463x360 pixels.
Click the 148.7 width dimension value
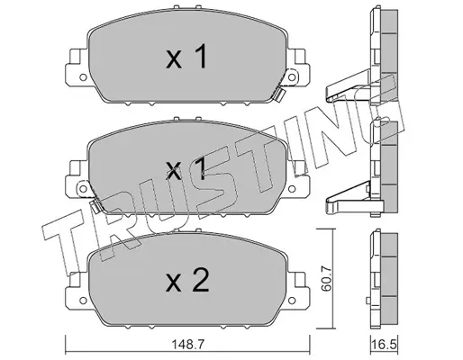coord(187,345)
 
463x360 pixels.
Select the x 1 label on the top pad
coord(186,56)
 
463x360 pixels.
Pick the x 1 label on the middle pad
coord(186,169)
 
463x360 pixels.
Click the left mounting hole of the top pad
coord(83,77)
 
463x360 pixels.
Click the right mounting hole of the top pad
coord(291,77)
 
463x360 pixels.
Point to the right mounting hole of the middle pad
coord(291,189)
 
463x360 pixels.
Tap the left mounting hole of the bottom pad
coord(83,301)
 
